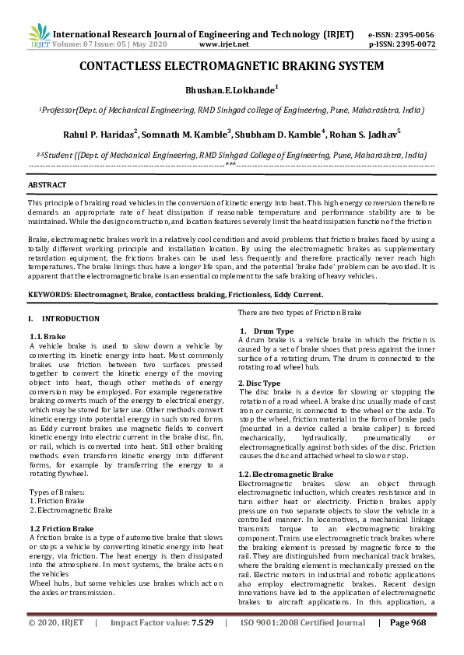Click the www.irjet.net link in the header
[224, 45]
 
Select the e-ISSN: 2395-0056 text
[400, 35]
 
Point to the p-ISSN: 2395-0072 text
[400, 45]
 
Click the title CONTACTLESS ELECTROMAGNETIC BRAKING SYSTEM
[231, 68]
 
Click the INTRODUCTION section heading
[70, 319]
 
